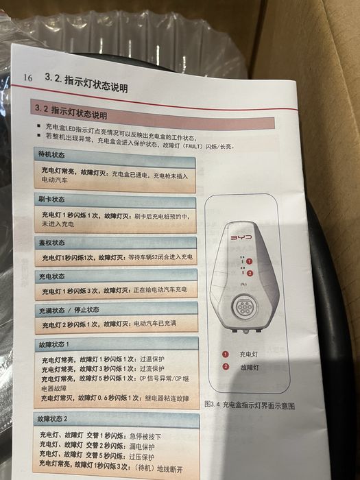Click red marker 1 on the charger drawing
[251, 261]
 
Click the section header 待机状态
[52, 156]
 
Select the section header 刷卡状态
[52, 200]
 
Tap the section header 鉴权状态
[52, 243]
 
